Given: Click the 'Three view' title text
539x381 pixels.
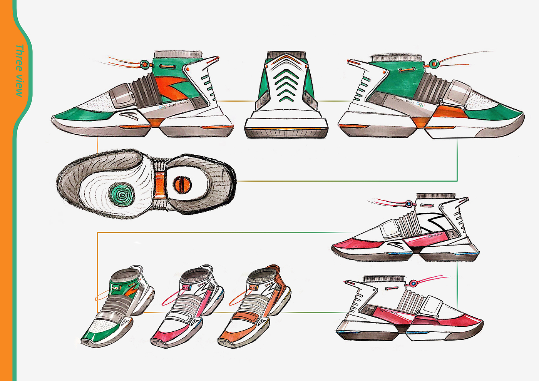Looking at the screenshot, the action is point(19,70).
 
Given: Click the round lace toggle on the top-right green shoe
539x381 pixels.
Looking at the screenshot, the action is point(434,62).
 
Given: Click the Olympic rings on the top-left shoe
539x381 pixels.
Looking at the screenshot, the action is point(163,107).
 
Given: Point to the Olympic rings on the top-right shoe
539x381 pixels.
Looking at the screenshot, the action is point(420,104).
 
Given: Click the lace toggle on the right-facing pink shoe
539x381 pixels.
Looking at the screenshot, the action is point(413,284).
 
